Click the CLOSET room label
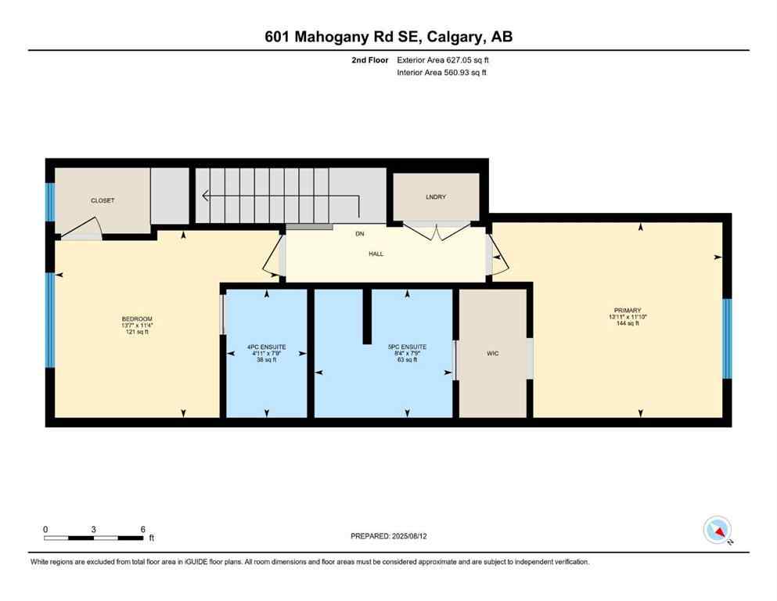[103, 200]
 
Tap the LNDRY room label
[436, 196]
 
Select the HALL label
[376, 254]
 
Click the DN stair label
[359, 234]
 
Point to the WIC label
[492, 354]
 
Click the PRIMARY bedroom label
[628, 310]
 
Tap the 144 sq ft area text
[628, 323]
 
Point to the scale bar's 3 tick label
[94, 529]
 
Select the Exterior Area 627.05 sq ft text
[444, 59]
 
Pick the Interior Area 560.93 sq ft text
[444, 73]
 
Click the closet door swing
[80, 229]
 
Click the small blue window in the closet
[50, 202]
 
